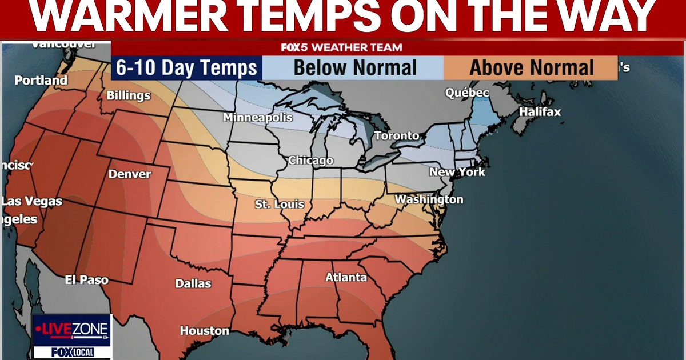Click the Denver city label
(x=130, y=174)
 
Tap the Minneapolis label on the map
(x=258, y=118)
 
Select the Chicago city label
(x=310, y=161)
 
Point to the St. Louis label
(x=280, y=204)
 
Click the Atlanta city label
(x=346, y=277)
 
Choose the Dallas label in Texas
(x=193, y=283)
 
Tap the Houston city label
(x=204, y=330)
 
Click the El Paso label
(x=86, y=280)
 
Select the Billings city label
(x=129, y=95)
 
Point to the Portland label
(x=41, y=81)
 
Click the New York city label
(x=457, y=172)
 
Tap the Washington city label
(x=429, y=199)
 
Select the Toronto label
(x=397, y=136)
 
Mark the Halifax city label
(x=540, y=112)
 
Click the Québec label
(x=467, y=93)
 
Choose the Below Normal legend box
(x=354, y=68)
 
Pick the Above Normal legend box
(x=532, y=68)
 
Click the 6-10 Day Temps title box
(x=186, y=68)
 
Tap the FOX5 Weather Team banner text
(x=341, y=47)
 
